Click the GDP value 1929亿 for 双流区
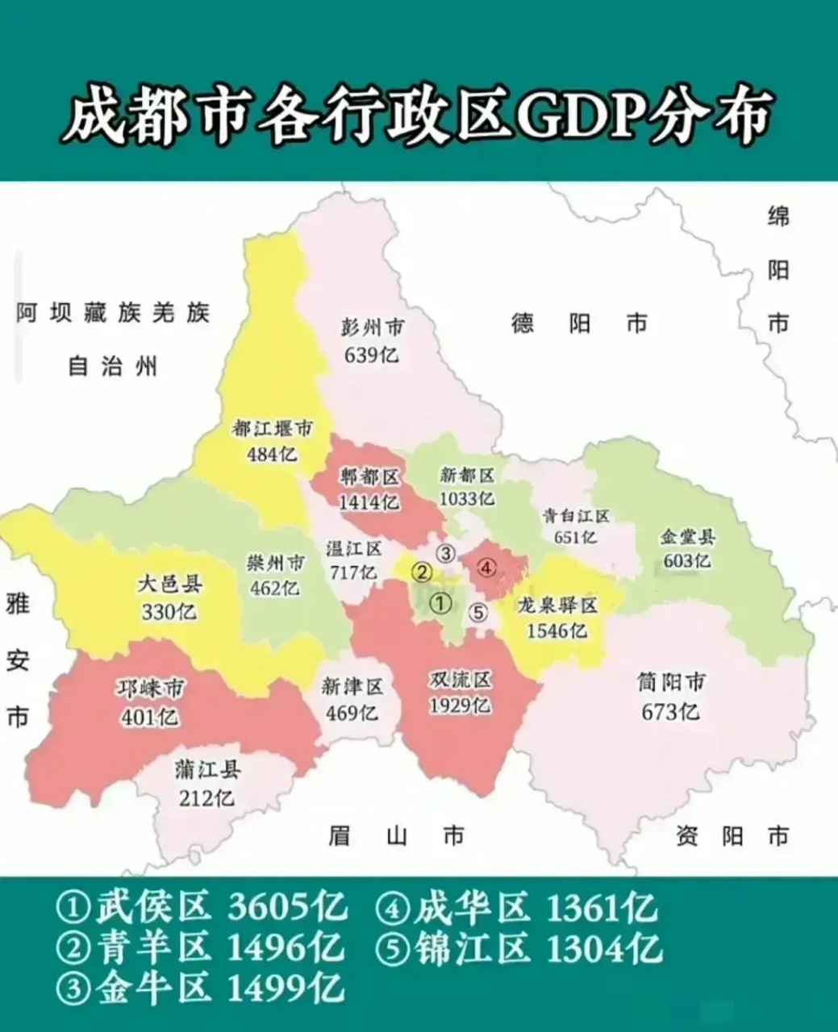pyautogui.click(x=460, y=705)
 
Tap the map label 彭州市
pyautogui.click(x=372, y=328)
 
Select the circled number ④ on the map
pyautogui.click(x=486, y=568)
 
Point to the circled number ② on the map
pyautogui.click(x=421, y=572)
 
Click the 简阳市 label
pyautogui.click(x=671, y=684)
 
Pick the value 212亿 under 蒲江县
pyautogui.click(x=207, y=797)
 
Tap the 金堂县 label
pyautogui.click(x=687, y=537)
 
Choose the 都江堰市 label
pyautogui.click(x=272, y=429)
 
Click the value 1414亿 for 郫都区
pyautogui.click(x=369, y=502)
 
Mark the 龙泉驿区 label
pyautogui.click(x=557, y=605)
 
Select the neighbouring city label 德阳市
pyautogui.click(x=579, y=324)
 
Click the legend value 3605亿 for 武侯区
pyautogui.click(x=286, y=908)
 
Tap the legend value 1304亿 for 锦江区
pyautogui.click(x=604, y=947)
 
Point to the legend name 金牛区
pyautogui.click(x=153, y=987)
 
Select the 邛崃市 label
pyautogui.click(x=150, y=689)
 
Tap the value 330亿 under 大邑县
pyautogui.click(x=169, y=612)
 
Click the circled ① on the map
pyautogui.click(x=440, y=603)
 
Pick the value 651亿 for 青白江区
pyautogui.click(x=575, y=537)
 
